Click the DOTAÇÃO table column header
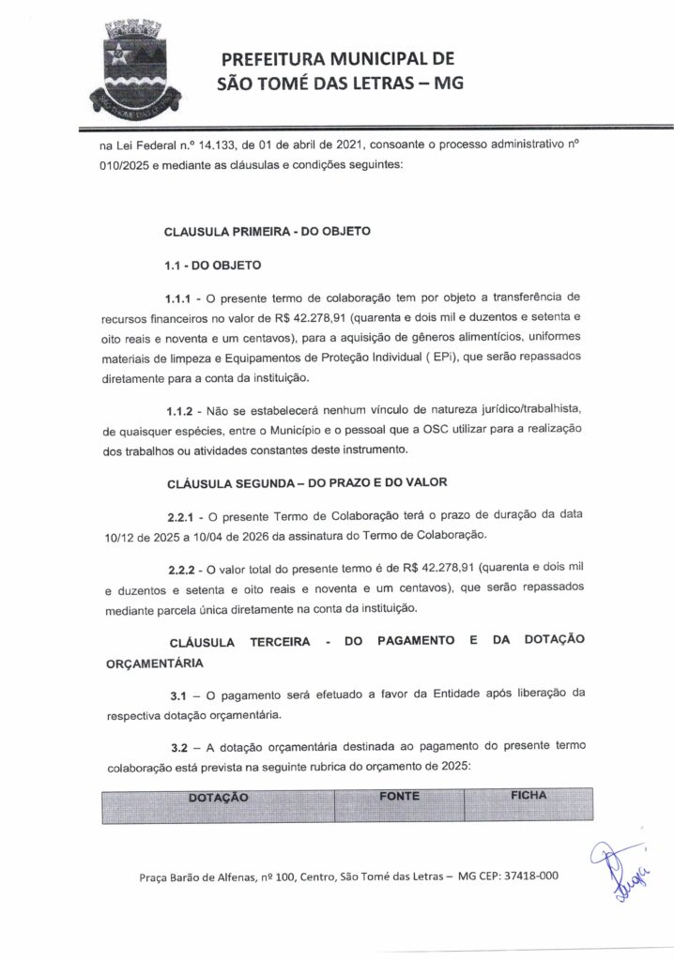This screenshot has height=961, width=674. pyautogui.click(x=218, y=797)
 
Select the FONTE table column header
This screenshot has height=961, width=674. pyautogui.click(x=400, y=796)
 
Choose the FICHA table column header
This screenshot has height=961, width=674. pyautogui.click(x=528, y=795)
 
